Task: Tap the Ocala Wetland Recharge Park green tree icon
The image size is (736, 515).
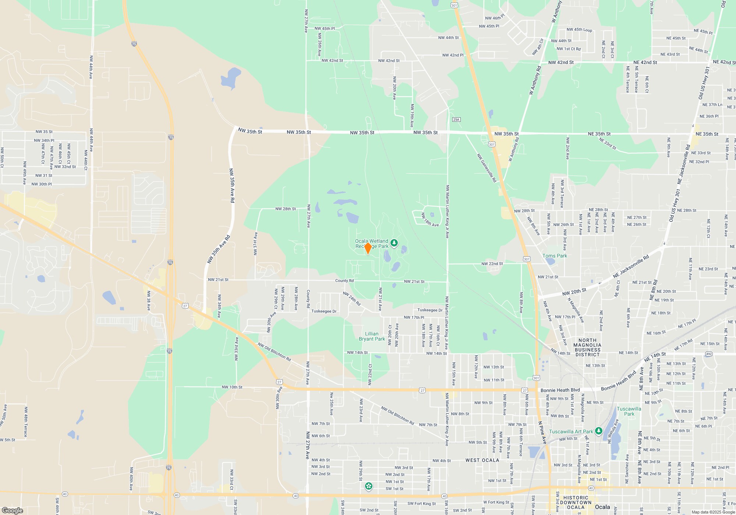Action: [394, 243]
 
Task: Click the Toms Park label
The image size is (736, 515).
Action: [555, 256]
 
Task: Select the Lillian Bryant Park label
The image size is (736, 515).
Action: [372, 336]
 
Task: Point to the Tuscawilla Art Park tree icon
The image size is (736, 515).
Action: [599, 431]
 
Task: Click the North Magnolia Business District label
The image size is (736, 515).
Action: [587, 347]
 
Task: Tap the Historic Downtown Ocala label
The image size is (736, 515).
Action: [576, 502]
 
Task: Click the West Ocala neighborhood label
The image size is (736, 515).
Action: [482, 460]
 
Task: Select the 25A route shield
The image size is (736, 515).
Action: [456, 120]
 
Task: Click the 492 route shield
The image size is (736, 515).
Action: [709, 354]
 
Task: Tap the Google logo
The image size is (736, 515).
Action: [13, 510]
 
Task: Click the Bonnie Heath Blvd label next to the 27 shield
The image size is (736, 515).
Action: [560, 390]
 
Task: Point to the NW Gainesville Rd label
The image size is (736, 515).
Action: [487, 168]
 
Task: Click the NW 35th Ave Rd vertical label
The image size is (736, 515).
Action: [232, 186]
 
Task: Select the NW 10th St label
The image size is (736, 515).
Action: [232, 387]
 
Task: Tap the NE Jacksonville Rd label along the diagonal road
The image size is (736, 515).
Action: [631, 267]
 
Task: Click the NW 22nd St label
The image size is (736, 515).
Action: [492, 264]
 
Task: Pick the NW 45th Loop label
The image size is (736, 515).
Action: [579, 30]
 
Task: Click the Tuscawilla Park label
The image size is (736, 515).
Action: [629, 411]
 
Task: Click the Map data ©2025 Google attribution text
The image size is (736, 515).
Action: [713, 512]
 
